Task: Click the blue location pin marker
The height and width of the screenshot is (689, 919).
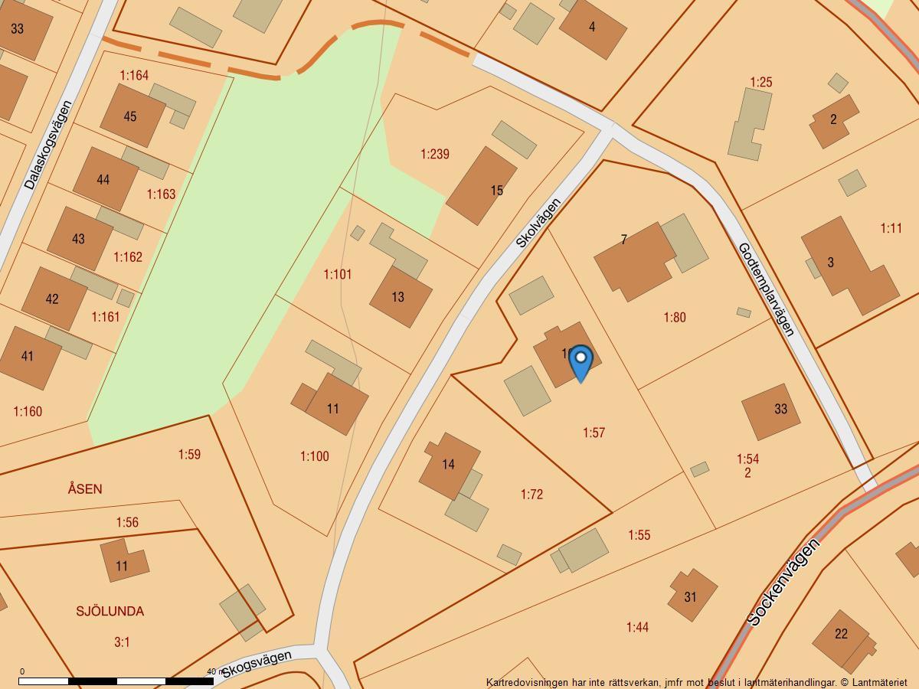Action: click(581, 363)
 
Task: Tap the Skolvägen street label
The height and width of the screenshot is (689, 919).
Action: click(538, 223)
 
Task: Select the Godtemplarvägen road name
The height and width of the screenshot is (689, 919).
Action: click(765, 289)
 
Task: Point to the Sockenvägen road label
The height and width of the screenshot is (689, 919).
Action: click(783, 583)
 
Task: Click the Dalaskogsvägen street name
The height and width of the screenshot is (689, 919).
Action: click(47, 145)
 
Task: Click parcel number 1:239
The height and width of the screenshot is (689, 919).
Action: click(435, 154)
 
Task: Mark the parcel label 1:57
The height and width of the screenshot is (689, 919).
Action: click(594, 433)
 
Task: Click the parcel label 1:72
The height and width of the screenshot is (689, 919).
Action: click(531, 495)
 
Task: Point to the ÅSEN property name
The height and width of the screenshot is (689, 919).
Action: click(84, 488)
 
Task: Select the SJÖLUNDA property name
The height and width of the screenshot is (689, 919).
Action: click(110, 611)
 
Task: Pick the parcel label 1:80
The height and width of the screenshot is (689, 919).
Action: click(674, 317)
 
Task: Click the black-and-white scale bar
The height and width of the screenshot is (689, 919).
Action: click(116, 681)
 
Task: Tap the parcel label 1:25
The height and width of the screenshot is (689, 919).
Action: click(760, 82)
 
